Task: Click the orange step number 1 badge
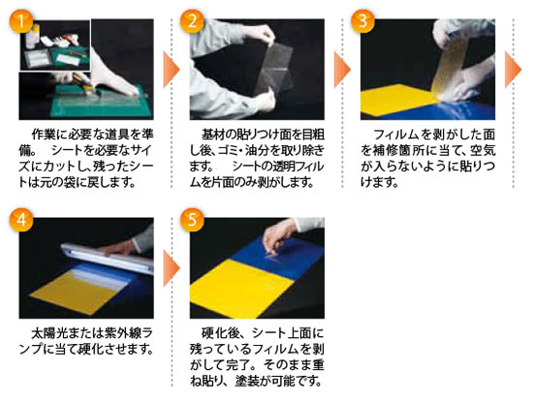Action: tap(21, 21)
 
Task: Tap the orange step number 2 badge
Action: tap(192, 21)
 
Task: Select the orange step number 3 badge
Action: tap(362, 21)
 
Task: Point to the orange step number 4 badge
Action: tap(21, 220)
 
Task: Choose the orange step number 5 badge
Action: tap(192, 220)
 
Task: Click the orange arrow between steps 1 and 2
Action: tap(171, 70)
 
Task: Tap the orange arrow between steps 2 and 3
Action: tap(342, 70)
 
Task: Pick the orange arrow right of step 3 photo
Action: tap(513, 70)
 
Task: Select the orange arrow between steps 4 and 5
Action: tap(171, 268)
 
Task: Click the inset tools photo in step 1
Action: tap(55, 45)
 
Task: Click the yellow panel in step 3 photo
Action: tap(397, 99)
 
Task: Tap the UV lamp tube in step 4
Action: tap(107, 258)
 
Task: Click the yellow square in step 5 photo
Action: tap(241, 288)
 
